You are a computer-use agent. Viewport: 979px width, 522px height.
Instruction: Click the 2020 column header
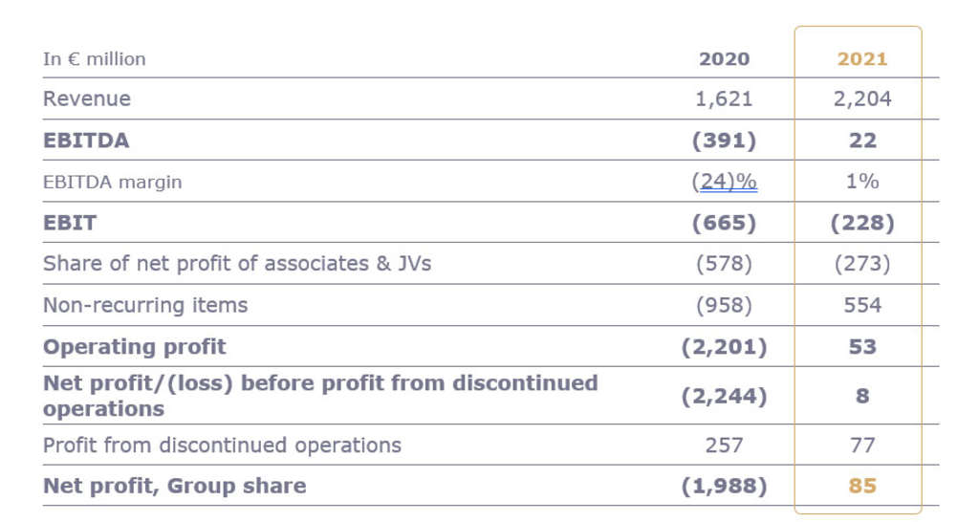724,58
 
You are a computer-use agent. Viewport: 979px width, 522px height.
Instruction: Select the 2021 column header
862,58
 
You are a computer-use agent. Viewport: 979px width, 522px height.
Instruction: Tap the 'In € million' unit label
95,58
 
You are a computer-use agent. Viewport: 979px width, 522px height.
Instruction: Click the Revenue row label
87,98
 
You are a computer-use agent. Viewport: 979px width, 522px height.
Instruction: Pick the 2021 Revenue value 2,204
862,98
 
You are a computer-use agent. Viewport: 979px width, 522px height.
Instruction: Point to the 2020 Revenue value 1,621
724,98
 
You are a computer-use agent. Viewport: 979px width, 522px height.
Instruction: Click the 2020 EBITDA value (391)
724,141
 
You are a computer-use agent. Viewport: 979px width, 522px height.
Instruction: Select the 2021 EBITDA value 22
862,141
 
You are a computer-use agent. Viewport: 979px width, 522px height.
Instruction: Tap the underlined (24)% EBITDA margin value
724,181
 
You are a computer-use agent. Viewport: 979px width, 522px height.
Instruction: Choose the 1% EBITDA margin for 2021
862,181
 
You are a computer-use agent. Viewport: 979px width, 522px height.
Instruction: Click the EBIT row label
70,223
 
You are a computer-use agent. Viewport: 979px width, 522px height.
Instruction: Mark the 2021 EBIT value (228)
862,223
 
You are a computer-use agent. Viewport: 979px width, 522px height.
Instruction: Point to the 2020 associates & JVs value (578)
724,264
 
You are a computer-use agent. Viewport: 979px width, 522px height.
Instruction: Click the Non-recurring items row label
145,305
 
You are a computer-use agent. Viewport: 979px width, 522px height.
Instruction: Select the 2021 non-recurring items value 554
862,305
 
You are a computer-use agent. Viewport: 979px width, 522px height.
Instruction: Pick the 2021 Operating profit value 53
862,346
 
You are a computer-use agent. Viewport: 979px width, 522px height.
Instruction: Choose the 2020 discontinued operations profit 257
724,445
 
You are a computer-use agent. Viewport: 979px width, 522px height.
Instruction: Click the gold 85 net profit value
862,486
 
